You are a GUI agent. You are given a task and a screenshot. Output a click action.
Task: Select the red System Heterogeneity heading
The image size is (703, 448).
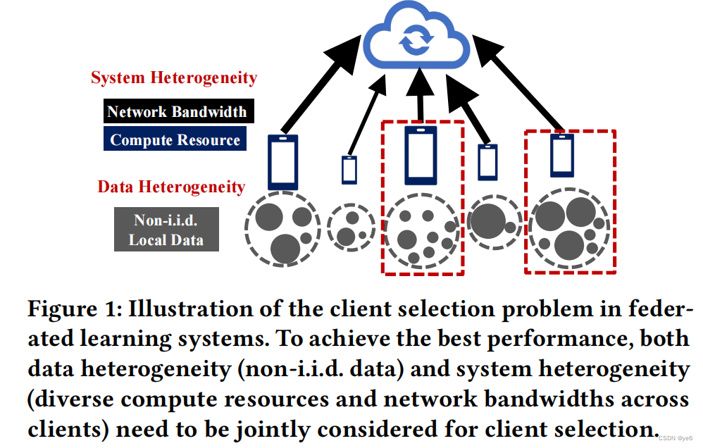click(174, 78)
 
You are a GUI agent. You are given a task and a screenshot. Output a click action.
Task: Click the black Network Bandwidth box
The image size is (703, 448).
click(177, 111)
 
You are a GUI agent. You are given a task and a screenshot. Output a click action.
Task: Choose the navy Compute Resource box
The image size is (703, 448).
click(175, 139)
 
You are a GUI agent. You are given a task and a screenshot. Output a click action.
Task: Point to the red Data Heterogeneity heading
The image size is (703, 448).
click(171, 187)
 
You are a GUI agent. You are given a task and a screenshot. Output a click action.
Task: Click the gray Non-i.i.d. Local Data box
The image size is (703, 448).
click(166, 230)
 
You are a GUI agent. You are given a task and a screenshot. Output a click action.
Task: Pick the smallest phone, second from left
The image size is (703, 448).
click(349, 170)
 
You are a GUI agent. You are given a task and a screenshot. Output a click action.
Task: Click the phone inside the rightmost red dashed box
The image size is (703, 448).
click(561, 155)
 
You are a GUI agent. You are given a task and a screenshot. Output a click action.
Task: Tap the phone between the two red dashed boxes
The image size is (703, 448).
click(487, 162)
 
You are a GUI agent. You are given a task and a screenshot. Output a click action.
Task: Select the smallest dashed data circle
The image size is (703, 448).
click(351, 225)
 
